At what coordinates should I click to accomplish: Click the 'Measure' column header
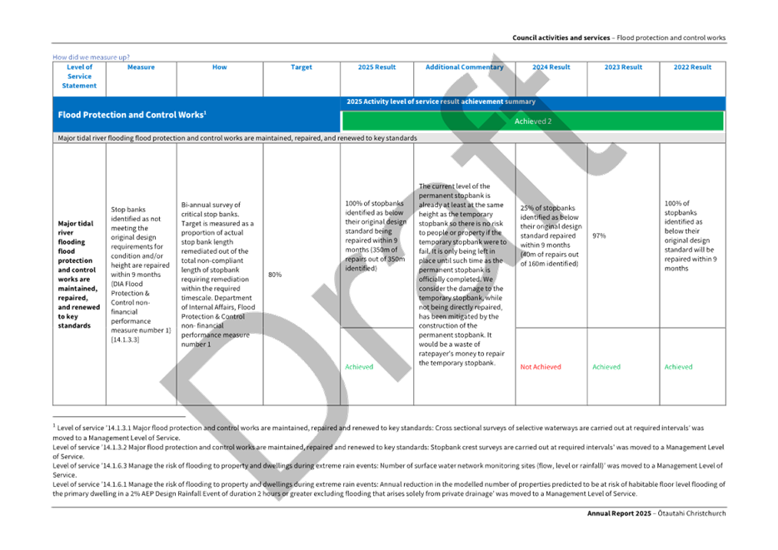142,67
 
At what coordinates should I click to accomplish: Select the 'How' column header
219,67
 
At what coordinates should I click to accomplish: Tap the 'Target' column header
302,67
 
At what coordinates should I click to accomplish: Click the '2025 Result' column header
377,67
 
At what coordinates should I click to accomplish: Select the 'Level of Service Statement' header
79,76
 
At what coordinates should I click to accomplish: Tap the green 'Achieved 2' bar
533,121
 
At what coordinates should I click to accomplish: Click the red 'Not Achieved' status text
540,366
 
